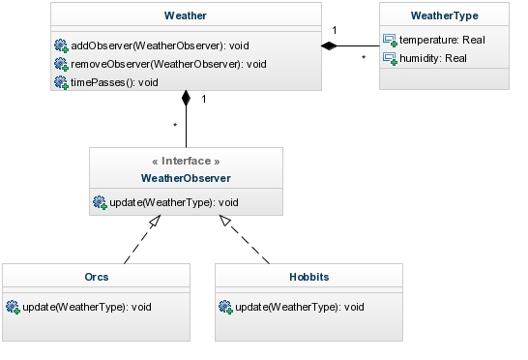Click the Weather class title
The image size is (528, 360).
click(186, 15)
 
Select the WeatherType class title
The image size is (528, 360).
click(445, 15)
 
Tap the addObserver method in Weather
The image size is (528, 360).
click(160, 45)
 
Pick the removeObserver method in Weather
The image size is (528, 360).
click(168, 64)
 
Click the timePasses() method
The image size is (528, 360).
click(114, 82)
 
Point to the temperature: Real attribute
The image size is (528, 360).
click(442, 40)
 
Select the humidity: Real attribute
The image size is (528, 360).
click(433, 58)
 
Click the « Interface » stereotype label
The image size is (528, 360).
click(186, 161)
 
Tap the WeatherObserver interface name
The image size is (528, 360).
click(186, 178)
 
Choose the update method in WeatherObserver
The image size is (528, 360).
click(174, 202)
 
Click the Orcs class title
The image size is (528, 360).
click(97, 277)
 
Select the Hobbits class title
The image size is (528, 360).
click(309, 277)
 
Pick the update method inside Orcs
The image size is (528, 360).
click(87, 307)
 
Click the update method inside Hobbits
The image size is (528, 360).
click(300, 307)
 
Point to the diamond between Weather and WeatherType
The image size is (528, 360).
click(329, 45)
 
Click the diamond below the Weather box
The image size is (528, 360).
click(186, 98)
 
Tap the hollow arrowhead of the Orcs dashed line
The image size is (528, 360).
click(156, 221)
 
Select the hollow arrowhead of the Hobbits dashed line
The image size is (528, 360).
click(225, 221)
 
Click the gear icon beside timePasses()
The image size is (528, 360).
click(61, 82)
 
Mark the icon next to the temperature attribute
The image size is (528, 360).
click(390, 40)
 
